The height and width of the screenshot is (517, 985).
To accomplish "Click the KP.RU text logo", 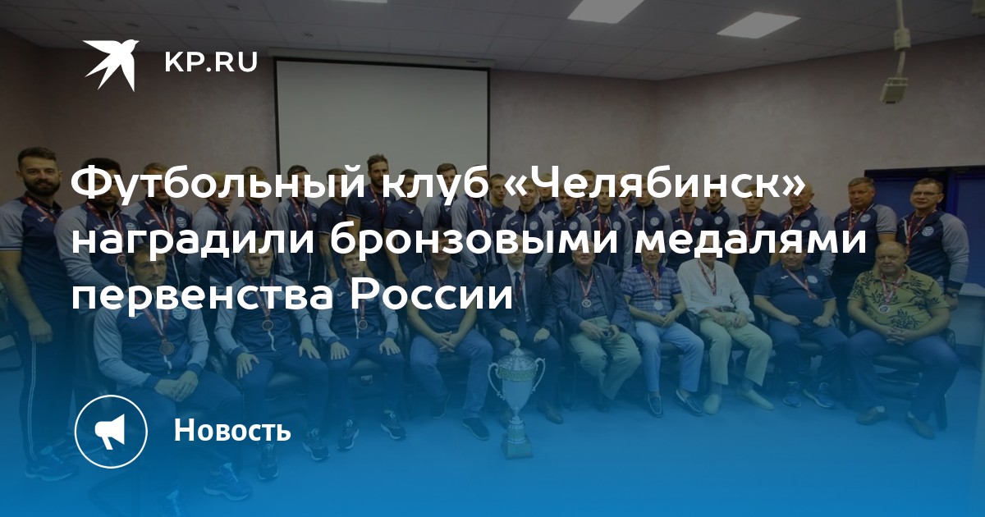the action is [x=211, y=62].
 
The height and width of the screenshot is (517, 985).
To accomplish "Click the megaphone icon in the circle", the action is [x=111, y=432].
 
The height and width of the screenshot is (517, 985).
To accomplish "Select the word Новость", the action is [x=232, y=430].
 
